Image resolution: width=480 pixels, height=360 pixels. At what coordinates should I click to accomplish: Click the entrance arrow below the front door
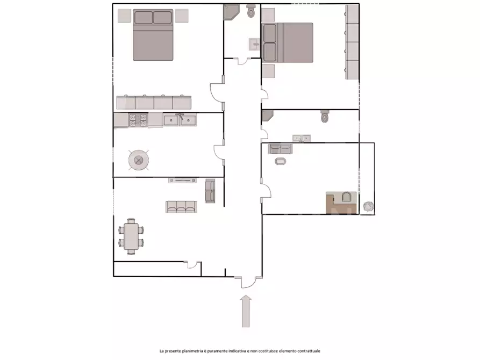tap(246, 311)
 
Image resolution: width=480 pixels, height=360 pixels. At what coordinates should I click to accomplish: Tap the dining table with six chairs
tap(131, 236)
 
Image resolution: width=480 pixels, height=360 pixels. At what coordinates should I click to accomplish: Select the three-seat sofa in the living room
tap(181, 207)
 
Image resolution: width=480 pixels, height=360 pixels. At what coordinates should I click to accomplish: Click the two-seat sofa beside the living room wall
tap(210, 191)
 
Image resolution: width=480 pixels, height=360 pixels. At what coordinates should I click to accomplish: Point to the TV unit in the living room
tap(182, 181)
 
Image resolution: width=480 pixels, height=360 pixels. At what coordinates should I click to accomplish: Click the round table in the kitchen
tap(139, 160)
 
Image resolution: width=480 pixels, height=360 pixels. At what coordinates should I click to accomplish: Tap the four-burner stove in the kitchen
tap(138, 120)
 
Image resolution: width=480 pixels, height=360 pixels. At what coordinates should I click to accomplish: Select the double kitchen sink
tap(180, 120)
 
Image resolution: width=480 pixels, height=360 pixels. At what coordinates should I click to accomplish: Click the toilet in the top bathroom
tap(251, 11)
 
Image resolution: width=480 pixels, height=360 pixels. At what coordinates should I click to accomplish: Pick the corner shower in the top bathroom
tap(230, 12)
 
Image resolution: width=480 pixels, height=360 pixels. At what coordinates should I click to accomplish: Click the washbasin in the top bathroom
tap(254, 45)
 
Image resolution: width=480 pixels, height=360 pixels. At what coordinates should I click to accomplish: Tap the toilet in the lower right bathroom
tap(325, 116)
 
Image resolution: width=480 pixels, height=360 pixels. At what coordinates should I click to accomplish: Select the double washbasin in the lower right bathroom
tap(302, 139)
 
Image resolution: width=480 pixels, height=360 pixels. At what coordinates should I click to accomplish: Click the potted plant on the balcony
tap(369, 207)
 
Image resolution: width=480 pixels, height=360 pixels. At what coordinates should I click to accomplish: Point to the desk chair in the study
tap(346, 197)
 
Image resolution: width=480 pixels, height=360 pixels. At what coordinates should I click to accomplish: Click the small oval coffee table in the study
tap(280, 161)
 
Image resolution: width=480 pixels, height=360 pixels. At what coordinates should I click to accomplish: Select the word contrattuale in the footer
tap(309, 351)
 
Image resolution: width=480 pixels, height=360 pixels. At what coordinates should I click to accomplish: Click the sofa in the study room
tap(281, 149)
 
